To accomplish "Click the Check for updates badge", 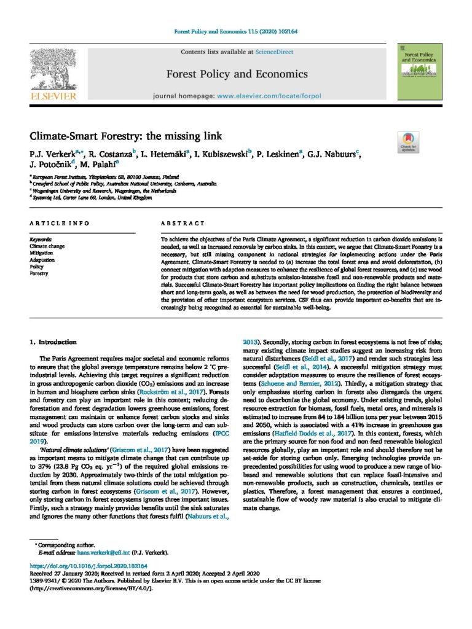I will click(408, 141).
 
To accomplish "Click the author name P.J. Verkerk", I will click(50, 152).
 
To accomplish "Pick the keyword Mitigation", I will click(42, 253).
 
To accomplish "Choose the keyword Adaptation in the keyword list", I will click(43, 260).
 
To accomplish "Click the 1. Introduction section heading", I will click(53, 342).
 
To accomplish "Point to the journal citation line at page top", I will click(235, 33).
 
